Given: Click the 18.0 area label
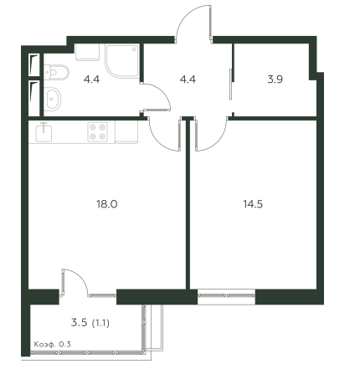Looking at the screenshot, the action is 107,204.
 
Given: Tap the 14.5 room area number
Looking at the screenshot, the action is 253,204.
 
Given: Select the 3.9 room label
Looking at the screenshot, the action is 275,79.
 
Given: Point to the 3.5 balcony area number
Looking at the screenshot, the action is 80,323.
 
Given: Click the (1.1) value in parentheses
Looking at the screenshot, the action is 100,323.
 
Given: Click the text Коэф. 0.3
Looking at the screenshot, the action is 53,344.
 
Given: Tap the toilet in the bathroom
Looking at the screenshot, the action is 56,73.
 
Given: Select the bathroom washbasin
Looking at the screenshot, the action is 53,98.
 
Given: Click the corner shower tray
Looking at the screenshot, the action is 122,61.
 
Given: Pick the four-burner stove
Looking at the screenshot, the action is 97,132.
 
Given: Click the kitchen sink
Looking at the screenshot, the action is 44,133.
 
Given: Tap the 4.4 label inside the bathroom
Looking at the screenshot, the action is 91,79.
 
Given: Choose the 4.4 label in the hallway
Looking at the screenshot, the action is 188,79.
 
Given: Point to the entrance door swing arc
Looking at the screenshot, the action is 185,16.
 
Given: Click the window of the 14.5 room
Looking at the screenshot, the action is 226,297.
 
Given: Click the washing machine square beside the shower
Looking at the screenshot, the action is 87,52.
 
